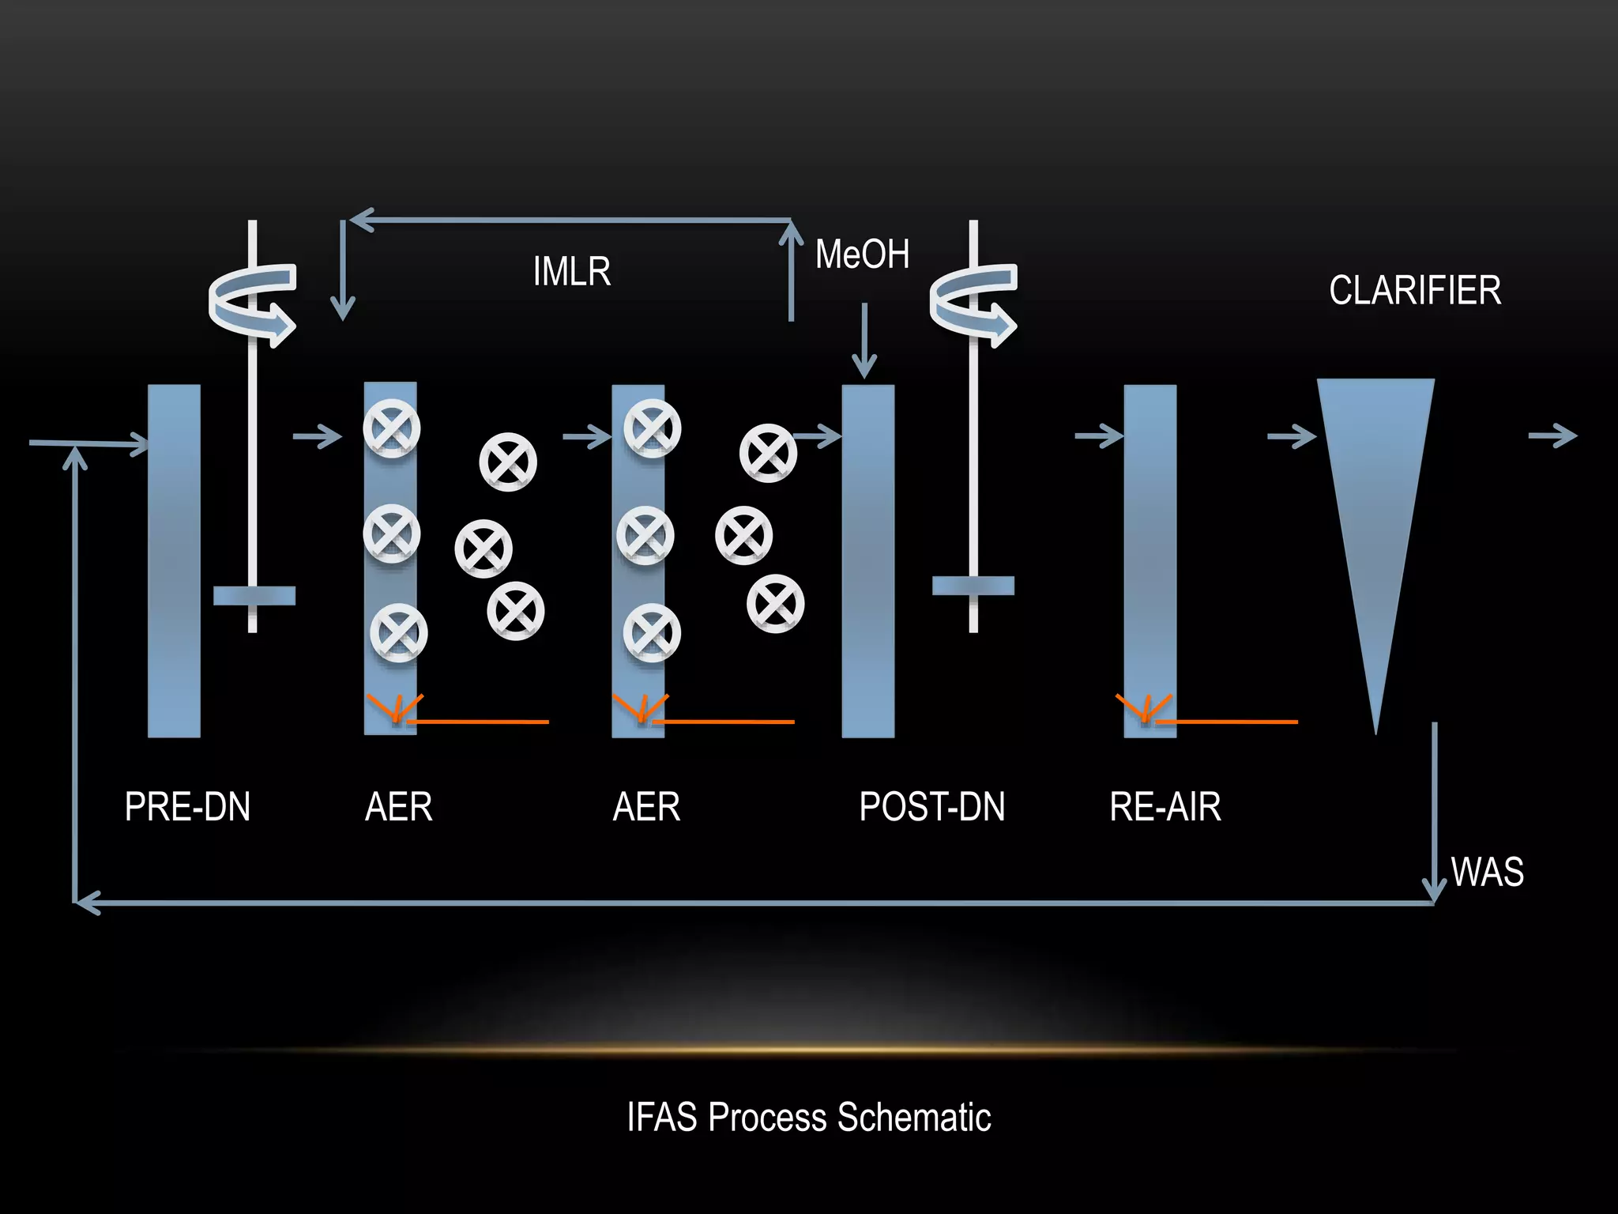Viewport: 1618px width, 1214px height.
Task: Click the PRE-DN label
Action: (x=187, y=807)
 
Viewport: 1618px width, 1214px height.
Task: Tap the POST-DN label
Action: (x=932, y=807)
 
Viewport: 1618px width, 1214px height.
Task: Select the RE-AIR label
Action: (x=1165, y=807)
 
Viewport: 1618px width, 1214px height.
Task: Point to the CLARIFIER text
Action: (x=1415, y=290)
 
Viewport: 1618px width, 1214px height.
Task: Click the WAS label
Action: (x=1488, y=872)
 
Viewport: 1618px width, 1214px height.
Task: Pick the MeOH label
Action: (x=862, y=254)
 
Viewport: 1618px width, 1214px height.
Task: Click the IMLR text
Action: (x=572, y=272)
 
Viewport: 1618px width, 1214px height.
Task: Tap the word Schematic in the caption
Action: (x=914, y=1117)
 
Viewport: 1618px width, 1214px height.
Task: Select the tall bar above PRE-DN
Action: (x=174, y=561)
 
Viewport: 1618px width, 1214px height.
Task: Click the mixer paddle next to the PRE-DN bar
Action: (x=254, y=595)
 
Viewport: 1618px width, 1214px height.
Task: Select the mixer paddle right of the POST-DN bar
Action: (x=973, y=586)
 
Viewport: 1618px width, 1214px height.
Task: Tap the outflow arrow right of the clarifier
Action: (x=1552, y=435)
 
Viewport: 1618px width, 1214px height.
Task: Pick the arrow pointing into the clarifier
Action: (x=1291, y=435)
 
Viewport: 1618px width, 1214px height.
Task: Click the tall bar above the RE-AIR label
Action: (x=1150, y=561)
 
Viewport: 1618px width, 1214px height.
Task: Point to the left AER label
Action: (x=399, y=807)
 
